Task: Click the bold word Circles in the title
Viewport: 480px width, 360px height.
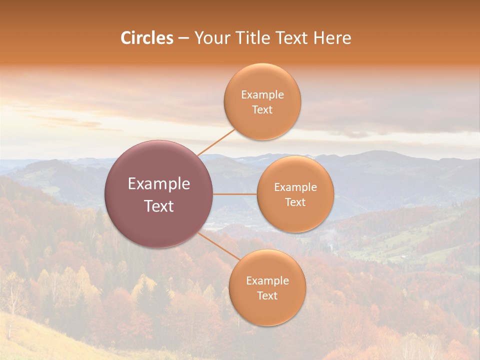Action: point(146,38)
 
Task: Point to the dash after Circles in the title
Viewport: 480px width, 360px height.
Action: point(183,38)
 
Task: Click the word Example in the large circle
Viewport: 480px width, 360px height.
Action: point(159,184)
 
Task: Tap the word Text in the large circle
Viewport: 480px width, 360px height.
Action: point(159,206)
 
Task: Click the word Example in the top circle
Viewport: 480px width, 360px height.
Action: point(262,95)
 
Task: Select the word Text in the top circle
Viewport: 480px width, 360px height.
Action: point(262,110)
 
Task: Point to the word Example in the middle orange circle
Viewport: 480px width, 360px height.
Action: point(295,187)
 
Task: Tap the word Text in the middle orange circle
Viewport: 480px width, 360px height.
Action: point(295,202)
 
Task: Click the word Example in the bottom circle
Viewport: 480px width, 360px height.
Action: point(267,281)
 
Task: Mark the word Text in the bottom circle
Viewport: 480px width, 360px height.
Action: point(267,296)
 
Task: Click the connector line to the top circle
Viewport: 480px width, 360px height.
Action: point(216,142)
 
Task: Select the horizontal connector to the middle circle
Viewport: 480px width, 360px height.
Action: point(235,194)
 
